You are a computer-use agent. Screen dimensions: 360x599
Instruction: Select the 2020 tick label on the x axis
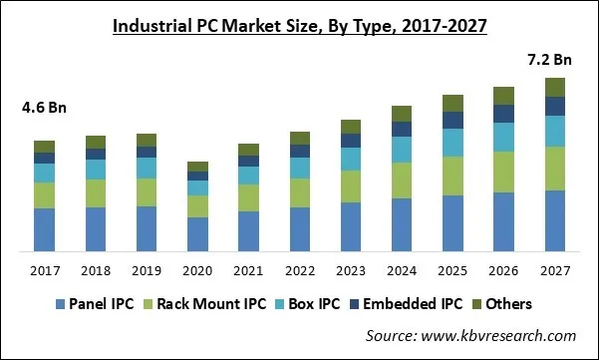tap(198, 270)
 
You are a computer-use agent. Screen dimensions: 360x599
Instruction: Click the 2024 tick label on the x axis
tap(402, 270)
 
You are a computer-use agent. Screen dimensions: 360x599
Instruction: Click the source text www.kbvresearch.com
tap(470, 336)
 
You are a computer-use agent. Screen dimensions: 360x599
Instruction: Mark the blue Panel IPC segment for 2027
tap(555, 219)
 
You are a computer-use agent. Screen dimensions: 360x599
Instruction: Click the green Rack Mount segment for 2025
tap(452, 176)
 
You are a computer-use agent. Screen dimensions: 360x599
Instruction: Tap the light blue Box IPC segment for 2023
tap(351, 159)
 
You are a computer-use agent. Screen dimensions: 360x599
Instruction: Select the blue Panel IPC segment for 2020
tap(198, 233)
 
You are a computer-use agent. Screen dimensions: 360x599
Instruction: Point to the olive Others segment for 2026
tap(504, 96)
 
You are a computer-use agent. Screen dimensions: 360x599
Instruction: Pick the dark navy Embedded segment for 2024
tap(402, 129)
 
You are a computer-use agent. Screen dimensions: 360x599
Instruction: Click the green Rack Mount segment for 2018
tap(96, 192)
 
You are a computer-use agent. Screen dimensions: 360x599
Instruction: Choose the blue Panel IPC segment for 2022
tap(300, 228)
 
